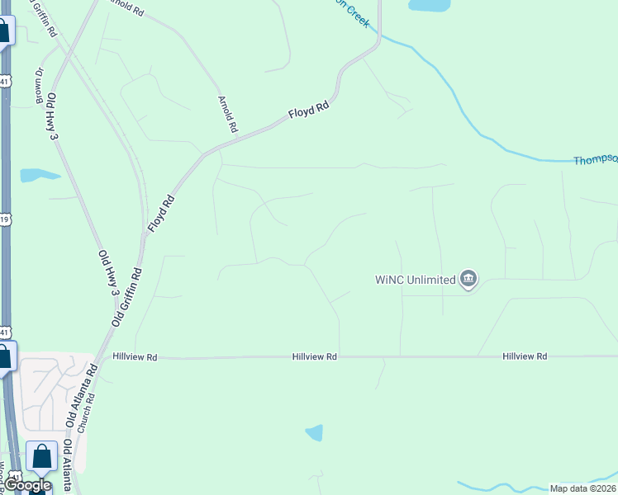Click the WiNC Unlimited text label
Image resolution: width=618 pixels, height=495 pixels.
415,280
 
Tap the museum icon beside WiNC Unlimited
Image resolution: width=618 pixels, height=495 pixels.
468,280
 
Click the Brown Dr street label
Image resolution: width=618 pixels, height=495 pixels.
39,85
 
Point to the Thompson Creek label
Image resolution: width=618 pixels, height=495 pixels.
595,160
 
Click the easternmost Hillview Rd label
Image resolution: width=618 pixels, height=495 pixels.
525,356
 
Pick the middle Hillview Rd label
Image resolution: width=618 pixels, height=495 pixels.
314,356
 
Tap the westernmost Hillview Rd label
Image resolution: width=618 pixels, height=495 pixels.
135,357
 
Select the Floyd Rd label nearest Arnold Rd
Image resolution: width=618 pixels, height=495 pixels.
309,111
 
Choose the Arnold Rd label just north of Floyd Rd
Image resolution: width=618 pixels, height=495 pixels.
227,115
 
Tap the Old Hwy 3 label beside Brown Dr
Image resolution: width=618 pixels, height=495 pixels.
52,115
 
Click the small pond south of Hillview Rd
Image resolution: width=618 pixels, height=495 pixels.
314,432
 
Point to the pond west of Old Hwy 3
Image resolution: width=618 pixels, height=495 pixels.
38,175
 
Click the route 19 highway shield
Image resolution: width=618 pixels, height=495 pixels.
5,219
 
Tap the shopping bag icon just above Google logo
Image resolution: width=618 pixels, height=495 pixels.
41,456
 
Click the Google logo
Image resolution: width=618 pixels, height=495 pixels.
28,486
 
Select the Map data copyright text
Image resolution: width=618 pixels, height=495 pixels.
582,488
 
